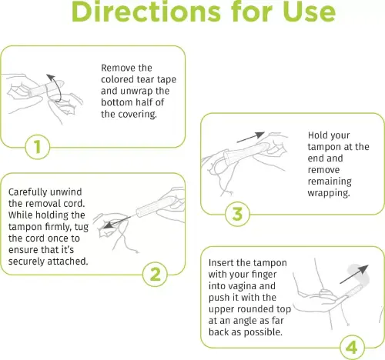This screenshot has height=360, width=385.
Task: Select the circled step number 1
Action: point(38,147)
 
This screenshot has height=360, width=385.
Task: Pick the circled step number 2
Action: point(156,274)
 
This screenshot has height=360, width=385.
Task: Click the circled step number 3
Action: point(237,214)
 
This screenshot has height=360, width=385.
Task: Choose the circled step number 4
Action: point(352,348)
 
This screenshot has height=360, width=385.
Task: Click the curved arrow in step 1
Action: point(60,88)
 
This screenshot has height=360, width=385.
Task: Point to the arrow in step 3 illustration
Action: point(251,137)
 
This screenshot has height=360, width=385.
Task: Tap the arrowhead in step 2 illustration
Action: point(108,225)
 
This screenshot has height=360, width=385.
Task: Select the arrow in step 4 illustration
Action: point(354,274)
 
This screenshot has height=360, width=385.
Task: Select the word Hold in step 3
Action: point(316,135)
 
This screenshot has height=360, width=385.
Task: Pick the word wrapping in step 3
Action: point(329,193)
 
